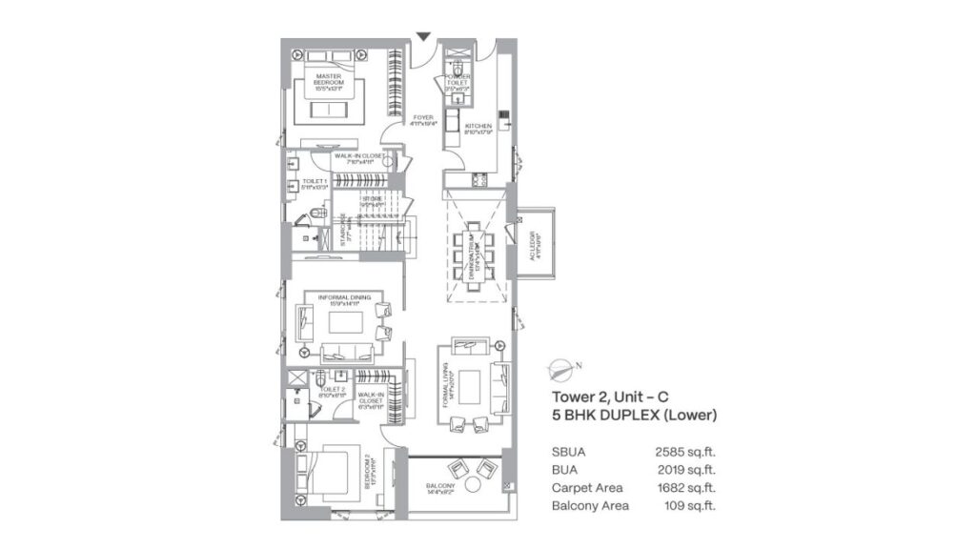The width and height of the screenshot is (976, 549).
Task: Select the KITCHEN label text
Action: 478,126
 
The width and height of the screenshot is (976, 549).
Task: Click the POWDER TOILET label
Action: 457,83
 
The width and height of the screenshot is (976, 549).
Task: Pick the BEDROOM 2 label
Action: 369,473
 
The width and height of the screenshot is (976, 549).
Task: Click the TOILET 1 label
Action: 315,182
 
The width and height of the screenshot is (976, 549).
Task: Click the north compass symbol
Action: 565,366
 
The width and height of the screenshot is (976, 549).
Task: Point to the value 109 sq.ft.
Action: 689,505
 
